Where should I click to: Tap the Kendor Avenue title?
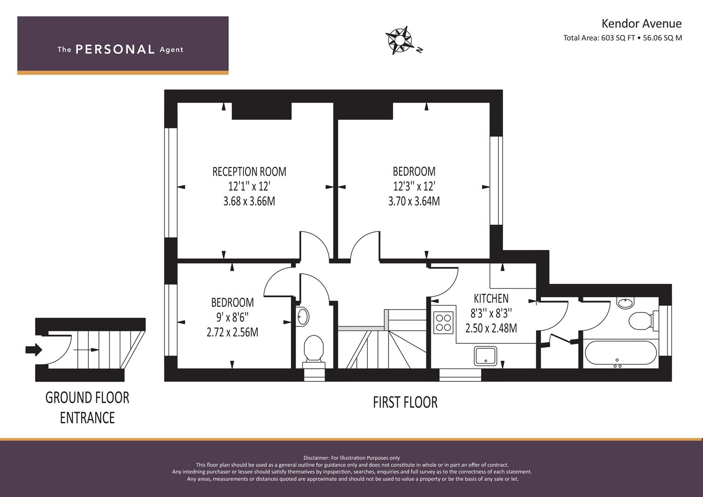(x=641, y=23)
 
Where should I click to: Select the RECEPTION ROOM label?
(x=249, y=172)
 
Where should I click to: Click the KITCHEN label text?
(x=491, y=298)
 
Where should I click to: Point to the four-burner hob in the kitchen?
(x=443, y=323)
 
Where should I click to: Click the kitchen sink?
(x=486, y=356)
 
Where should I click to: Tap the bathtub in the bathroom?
(x=621, y=353)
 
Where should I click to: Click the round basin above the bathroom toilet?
(x=626, y=303)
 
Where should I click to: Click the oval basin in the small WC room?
(x=302, y=317)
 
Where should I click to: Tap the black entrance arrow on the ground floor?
(x=34, y=350)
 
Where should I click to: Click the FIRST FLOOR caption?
(x=405, y=403)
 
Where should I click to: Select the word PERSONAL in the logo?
(x=115, y=49)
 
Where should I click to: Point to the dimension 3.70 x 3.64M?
(x=414, y=201)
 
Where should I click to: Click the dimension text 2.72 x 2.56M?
(x=232, y=332)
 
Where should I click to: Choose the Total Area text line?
(x=622, y=38)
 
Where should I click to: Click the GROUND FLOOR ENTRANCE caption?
(x=87, y=408)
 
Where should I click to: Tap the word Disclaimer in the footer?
(x=316, y=458)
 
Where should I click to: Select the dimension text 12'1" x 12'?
(x=249, y=186)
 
